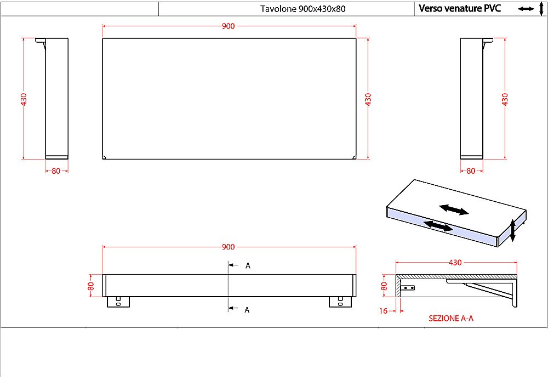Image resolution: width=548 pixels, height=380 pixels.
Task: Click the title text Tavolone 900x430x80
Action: (x=302, y=9)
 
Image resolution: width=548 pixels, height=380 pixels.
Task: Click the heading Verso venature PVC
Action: (x=460, y=8)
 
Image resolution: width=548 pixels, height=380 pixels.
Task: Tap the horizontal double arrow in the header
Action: (x=526, y=9)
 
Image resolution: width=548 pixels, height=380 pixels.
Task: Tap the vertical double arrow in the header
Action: (x=541, y=8)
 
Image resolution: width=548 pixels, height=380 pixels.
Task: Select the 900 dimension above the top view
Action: (x=228, y=26)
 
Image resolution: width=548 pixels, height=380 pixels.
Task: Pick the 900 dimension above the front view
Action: (x=228, y=247)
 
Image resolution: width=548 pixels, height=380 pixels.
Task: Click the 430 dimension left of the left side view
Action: (x=24, y=99)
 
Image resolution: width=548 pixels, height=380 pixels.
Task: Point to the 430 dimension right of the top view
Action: (x=368, y=99)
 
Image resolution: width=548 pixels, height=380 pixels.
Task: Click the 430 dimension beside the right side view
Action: (x=505, y=99)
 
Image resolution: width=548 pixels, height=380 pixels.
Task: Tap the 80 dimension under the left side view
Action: (x=56, y=171)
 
